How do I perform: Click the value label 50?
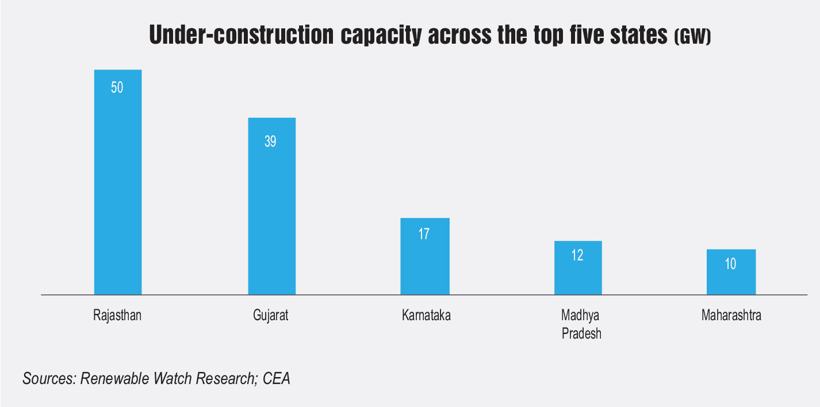tap(117, 89)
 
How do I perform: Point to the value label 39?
tap(271, 141)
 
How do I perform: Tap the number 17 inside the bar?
tap(424, 235)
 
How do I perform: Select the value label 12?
tap(578, 256)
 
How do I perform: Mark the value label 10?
tap(731, 264)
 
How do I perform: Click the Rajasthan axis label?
tap(117, 316)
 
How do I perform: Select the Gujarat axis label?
tap(271, 316)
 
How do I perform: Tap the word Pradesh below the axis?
tap(581, 334)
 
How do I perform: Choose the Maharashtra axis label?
tap(731, 316)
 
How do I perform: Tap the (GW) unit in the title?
tap(692, 38)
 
